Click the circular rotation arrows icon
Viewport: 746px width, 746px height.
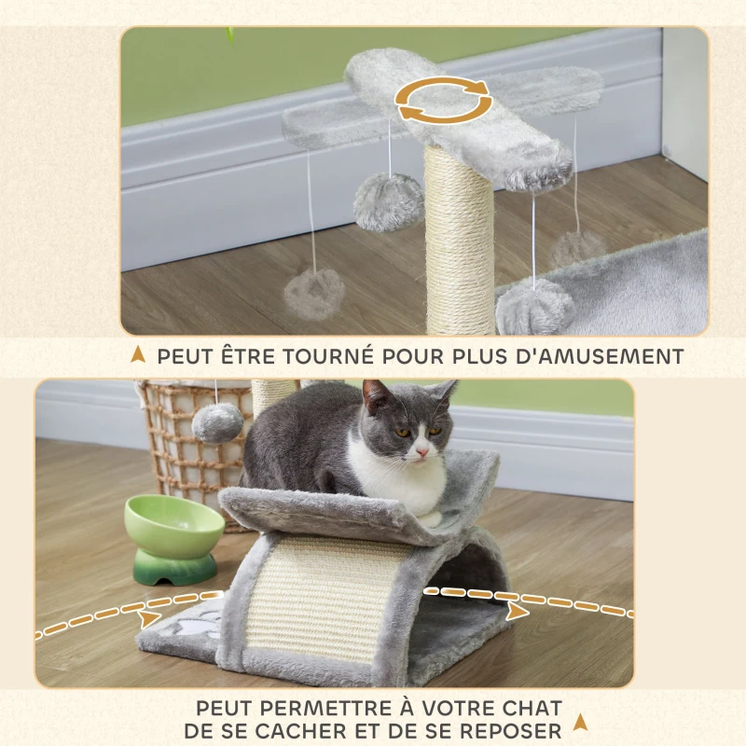click(x=445, y=100)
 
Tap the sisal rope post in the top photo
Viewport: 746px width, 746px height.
click(x=459, y=242)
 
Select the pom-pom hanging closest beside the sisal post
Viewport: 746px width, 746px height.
click(x=389, y=202)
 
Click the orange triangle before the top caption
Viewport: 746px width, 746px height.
click(x=138, y=355)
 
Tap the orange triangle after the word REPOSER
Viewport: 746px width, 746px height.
click(x=581, y=721)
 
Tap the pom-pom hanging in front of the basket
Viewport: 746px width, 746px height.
click(x=217, y=423)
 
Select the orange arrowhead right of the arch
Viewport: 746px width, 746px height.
click(x=516, y=611)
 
